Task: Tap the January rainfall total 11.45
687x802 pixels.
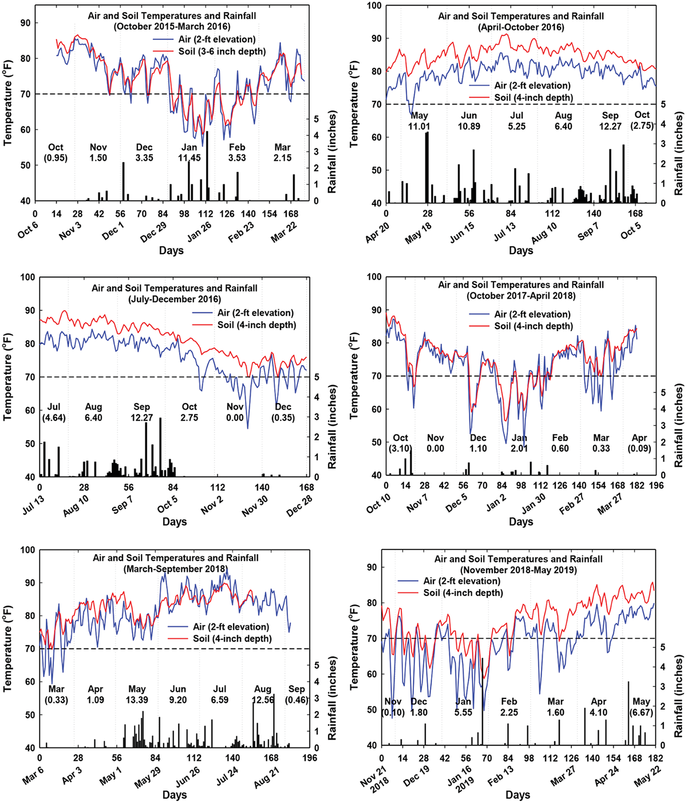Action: click(x=189, y=158)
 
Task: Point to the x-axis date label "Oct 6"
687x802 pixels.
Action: click(x=28, y=230)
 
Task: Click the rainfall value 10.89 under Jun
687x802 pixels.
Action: click(x=469, y=126)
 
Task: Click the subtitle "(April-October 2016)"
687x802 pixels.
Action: click(x=520, y=27)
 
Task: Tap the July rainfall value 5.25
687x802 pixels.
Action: click(x=516, y=126)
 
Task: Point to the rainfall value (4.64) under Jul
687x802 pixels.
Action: click(x=54, y=417)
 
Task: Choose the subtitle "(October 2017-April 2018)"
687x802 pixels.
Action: click(x=520, y=295)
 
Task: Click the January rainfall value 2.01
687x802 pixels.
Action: click(x=519, y=448)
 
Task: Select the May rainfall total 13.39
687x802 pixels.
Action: click(x=137, y=700)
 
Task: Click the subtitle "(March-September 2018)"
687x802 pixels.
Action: click(x=175, y=568)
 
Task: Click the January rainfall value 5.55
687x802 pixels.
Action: click(x=463, y=713)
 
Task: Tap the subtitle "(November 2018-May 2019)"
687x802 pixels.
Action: click(x=518, y=570)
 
